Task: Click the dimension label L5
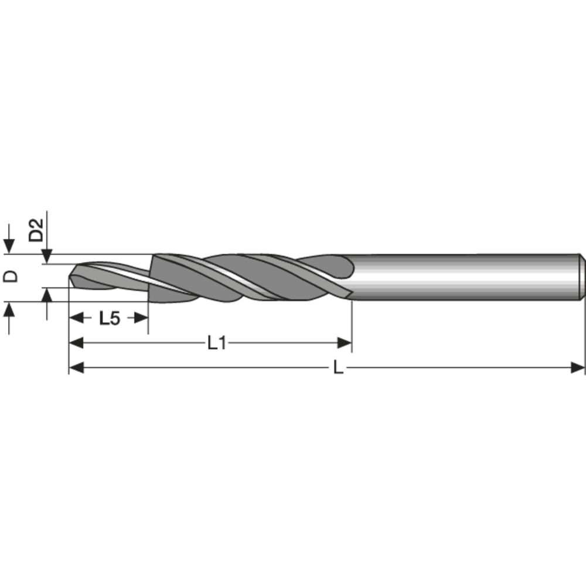click(x=109, y=318)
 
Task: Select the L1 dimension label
click(x=217, y=343)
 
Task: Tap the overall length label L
click(x=338, y=368)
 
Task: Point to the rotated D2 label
click(x=36, y=230)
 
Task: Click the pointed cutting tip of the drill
click(x=70, y=280)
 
